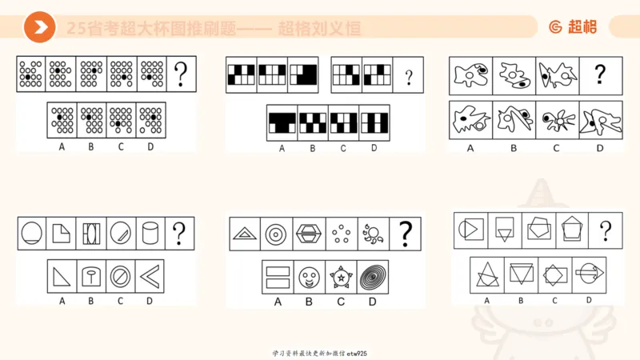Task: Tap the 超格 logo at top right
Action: pos(573,27)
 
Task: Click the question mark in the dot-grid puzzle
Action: pos(181,74)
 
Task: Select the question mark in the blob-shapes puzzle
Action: pos(600,74)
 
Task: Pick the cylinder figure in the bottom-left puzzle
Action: pos(148,234)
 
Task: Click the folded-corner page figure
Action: pos(62,234)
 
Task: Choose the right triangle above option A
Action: pos(62,277)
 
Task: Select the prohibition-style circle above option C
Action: pos(120,277)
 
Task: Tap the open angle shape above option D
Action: pos(148,277)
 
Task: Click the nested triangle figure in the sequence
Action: pos(246,234)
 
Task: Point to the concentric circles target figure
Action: pos(277,234)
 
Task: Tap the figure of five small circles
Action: pos(342,234)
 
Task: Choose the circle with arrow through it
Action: pos(589,274)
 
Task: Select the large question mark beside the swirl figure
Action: pos(405,234)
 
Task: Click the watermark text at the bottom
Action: pos(320,353)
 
